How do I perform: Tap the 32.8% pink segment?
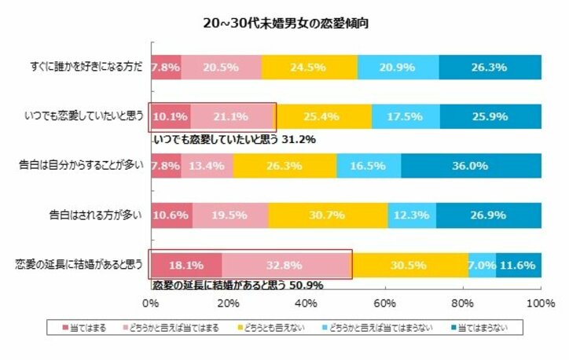coord(285,265)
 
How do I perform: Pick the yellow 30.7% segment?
coord(328,215)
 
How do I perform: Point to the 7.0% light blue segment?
coord(482,265)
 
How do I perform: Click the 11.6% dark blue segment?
coord(518,265)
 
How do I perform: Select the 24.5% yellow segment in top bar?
coord(309,68)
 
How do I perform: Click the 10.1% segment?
coord(170,116)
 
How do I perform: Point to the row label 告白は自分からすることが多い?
coord(80,166)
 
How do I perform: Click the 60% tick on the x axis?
coord(384,303)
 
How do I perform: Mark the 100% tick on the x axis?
coord(539,303)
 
